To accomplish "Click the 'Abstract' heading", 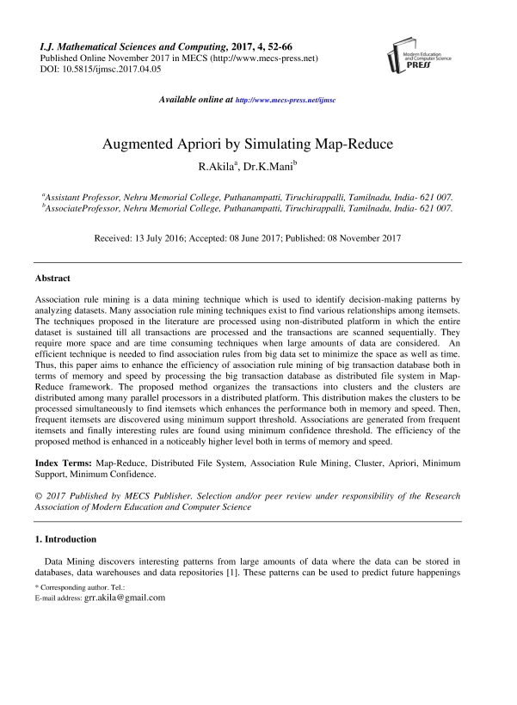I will [x=52, y=279].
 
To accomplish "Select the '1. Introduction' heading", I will [x=65, y=539].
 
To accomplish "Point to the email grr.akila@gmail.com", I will [x=124, y=598].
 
